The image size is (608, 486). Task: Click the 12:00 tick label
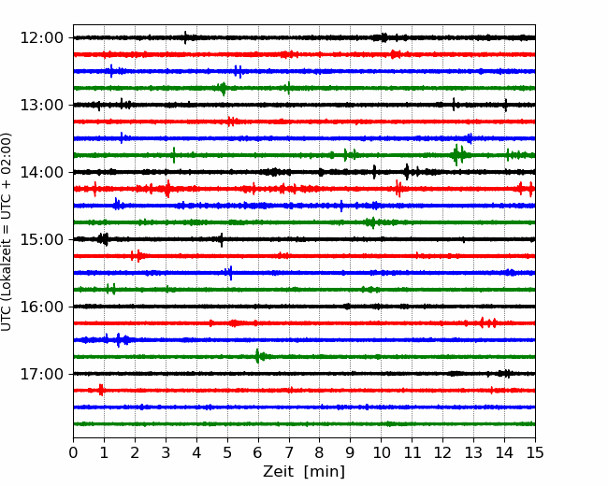pos(41,38)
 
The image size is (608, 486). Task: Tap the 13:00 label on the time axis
pos(41,105)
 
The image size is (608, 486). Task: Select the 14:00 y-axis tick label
pos(41,173)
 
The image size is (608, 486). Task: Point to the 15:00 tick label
pos(41,239)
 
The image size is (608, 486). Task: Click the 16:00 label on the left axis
pos(41,307)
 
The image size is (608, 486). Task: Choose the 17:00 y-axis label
pos(41,375)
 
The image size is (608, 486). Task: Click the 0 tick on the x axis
pos(73,452)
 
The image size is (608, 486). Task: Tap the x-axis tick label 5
pos(227,452)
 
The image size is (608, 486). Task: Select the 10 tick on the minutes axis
pos(381,452)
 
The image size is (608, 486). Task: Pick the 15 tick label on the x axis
pos(535,452)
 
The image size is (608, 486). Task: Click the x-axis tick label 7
pos(289,452)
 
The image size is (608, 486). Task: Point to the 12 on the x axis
pos(442,452)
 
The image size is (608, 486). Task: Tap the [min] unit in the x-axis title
pos(325,472)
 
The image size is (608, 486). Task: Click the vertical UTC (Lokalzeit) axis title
pos(7,232)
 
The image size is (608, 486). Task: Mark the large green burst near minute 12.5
pos(458,155)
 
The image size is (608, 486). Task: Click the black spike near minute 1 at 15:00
pos(103,239)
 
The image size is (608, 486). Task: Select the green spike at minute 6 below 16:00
pos(258,356)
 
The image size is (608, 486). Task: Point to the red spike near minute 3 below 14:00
pos(167,189)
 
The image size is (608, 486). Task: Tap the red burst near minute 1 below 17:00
pos(101,390)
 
